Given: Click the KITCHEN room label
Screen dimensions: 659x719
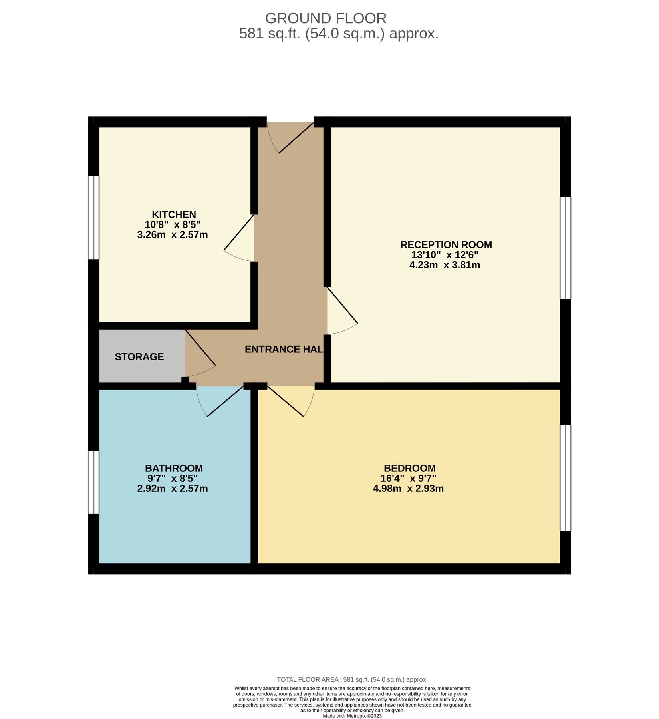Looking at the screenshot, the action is [x=174, y=215].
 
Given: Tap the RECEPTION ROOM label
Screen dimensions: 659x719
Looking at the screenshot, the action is [x=446, y=245].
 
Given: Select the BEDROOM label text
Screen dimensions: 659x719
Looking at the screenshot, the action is [x=410, y=468].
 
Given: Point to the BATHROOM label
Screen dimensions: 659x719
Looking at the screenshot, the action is [x=174, y=468].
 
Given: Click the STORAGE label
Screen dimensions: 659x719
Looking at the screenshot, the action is [x=139, y=357].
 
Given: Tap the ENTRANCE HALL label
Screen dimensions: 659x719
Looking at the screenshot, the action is [x=284, y=350].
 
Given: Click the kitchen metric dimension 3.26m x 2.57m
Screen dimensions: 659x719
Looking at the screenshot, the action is [x=173, y=235].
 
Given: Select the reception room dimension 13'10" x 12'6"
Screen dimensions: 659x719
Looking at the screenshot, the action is [x=445, y=255].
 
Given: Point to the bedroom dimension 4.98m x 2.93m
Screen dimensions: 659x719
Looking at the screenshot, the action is [x=408, y=489].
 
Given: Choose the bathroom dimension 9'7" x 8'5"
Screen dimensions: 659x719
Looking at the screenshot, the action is [x=173, y=479].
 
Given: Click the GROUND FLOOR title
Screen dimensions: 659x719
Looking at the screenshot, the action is [x=326, y=18].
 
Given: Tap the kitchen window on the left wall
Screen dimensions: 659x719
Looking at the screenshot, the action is [x=93, y=218].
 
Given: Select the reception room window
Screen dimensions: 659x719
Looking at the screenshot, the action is [x=566, y=248].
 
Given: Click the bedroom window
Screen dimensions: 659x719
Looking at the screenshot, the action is [x=566, y=478].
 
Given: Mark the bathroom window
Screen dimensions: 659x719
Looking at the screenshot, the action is [x=93, y=483].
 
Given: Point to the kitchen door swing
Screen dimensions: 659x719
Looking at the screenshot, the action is [x=239, y=238].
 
